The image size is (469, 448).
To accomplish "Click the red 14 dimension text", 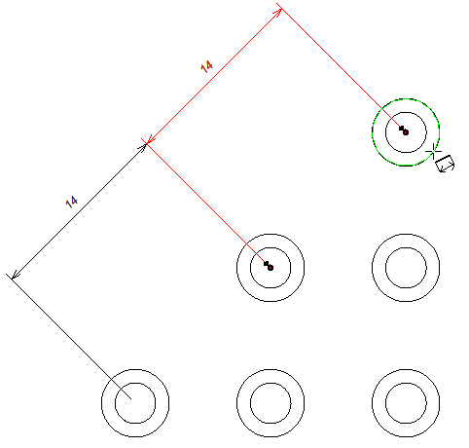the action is [206, 67].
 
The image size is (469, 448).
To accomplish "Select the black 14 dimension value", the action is [71, 202].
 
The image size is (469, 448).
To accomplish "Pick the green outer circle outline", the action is [373, 132].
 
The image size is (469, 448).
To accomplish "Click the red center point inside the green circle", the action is [406, 132].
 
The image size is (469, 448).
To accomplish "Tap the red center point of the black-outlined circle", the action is [271, 268].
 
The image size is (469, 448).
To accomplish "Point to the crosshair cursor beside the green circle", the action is [433, 151].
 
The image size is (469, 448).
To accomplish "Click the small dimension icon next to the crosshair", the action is [445, 164].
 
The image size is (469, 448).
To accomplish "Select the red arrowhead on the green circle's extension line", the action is [277, 13].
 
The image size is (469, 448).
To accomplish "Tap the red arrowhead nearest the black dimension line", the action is [151, 139].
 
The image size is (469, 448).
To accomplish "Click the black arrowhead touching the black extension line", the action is [15, 276].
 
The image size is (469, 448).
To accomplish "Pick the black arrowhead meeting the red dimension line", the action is [142, 148].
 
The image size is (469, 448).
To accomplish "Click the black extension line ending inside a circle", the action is [68, 336].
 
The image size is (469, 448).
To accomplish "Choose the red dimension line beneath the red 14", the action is [214, 76].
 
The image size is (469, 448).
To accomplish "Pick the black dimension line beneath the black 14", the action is [79, 211].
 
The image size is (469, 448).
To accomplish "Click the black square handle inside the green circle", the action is [402, 129].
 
